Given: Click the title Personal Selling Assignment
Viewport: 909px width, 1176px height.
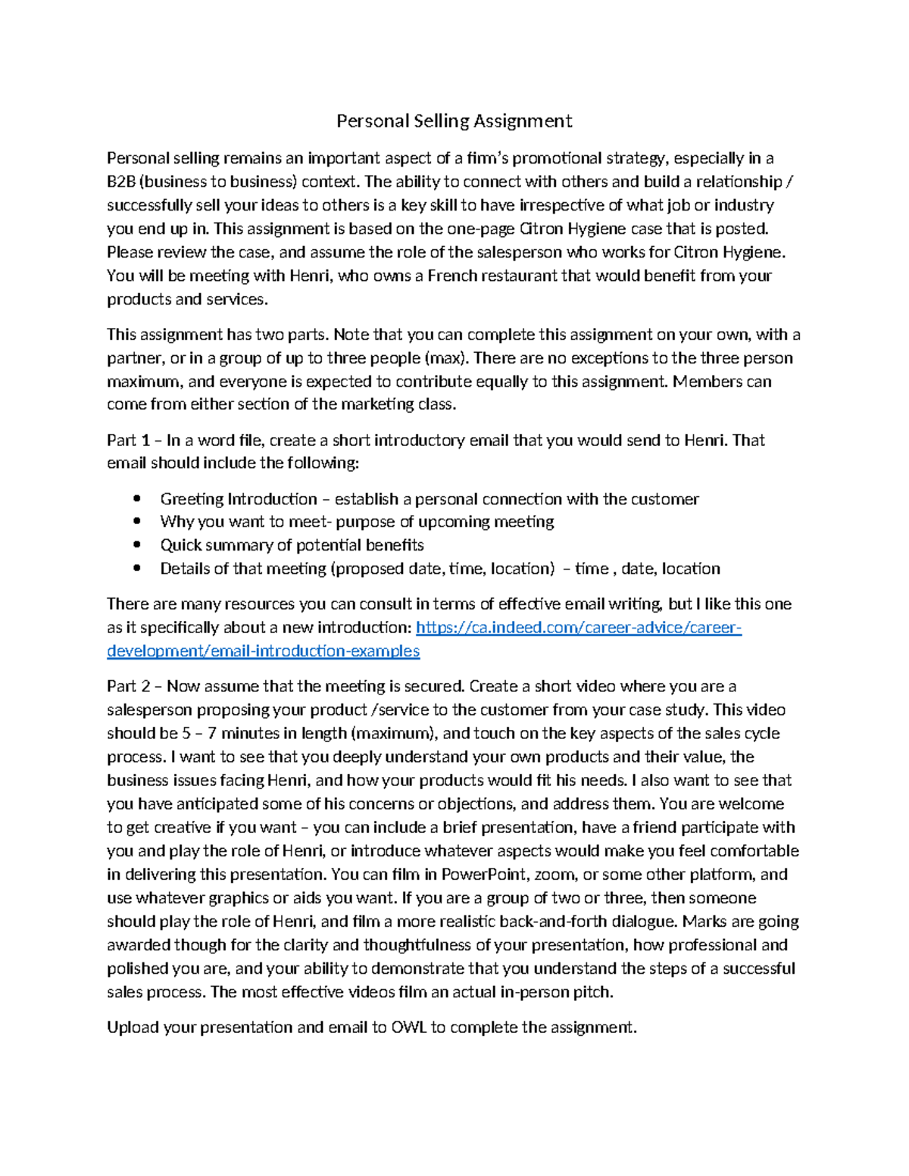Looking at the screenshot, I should pos(454,121).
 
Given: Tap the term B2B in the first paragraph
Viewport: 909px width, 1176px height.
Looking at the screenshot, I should pos(120,182).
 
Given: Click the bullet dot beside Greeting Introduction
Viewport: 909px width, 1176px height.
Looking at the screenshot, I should pos(137,499).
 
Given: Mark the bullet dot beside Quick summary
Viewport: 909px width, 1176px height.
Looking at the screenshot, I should pos(137,545).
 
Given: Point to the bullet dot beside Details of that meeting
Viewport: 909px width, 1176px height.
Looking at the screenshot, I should pos(137,569).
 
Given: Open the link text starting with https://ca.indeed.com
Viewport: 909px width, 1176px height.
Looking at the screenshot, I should pos(579,628).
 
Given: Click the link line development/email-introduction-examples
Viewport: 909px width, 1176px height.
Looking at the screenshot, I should pos(263,651).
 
